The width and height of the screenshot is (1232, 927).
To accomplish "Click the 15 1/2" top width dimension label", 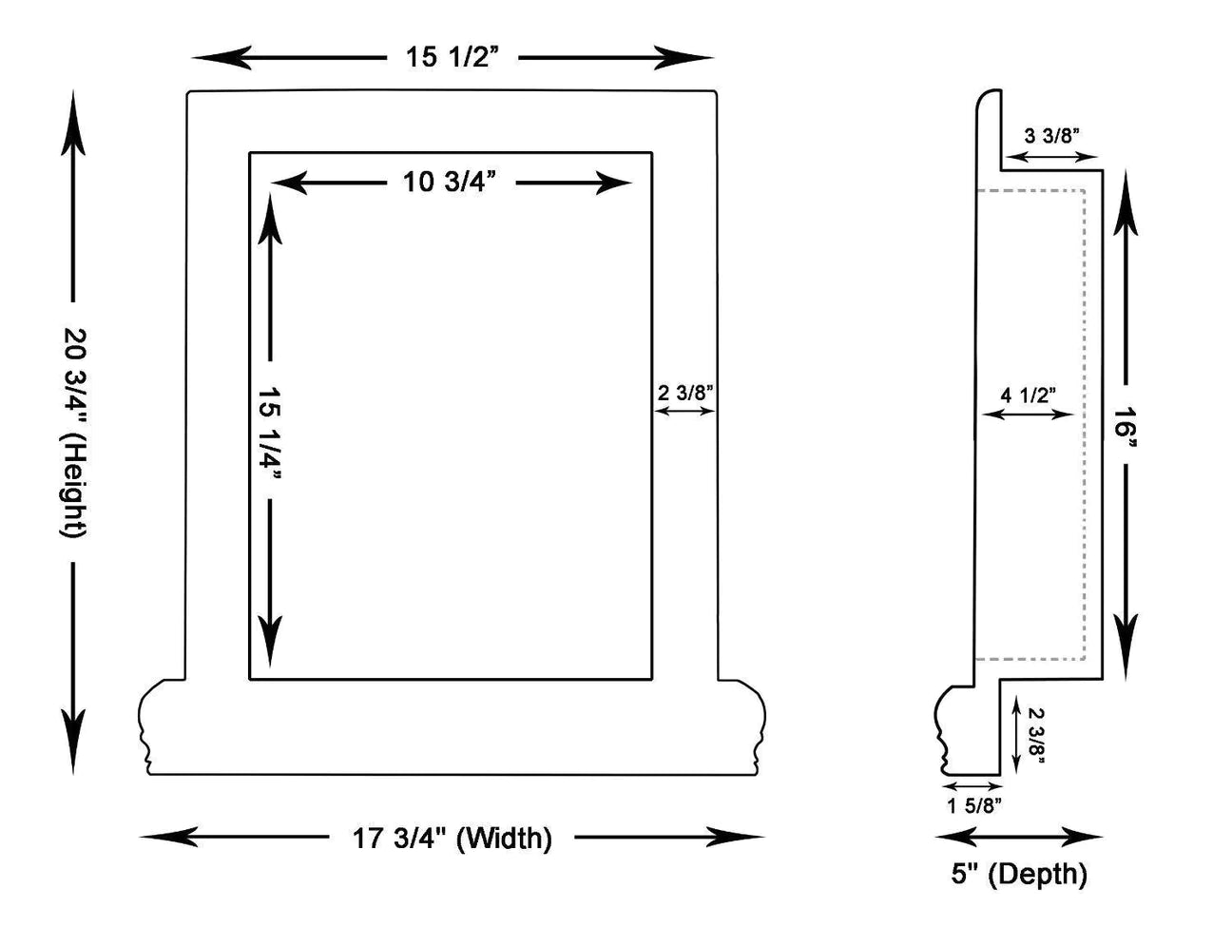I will (452, 57).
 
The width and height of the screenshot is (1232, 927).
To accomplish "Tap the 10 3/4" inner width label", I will (451, 182).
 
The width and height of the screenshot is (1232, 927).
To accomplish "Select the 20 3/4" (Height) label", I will (74, 433).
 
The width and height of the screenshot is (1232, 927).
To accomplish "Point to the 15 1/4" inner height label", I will (271, 433).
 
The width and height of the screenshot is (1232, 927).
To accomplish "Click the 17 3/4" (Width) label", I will (452, 839).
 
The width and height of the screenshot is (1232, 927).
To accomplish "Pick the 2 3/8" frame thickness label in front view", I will (684, 392).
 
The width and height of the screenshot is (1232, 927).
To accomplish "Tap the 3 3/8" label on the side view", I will (1052, 136).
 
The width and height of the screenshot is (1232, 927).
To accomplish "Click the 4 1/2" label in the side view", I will (1028, 395).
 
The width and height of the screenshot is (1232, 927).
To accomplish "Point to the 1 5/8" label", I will (973, 806).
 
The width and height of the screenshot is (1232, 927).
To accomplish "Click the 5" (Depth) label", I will (1019, 873).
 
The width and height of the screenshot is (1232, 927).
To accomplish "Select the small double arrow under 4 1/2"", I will (1028, 414).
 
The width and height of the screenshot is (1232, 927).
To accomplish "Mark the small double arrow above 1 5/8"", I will (972, 786).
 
